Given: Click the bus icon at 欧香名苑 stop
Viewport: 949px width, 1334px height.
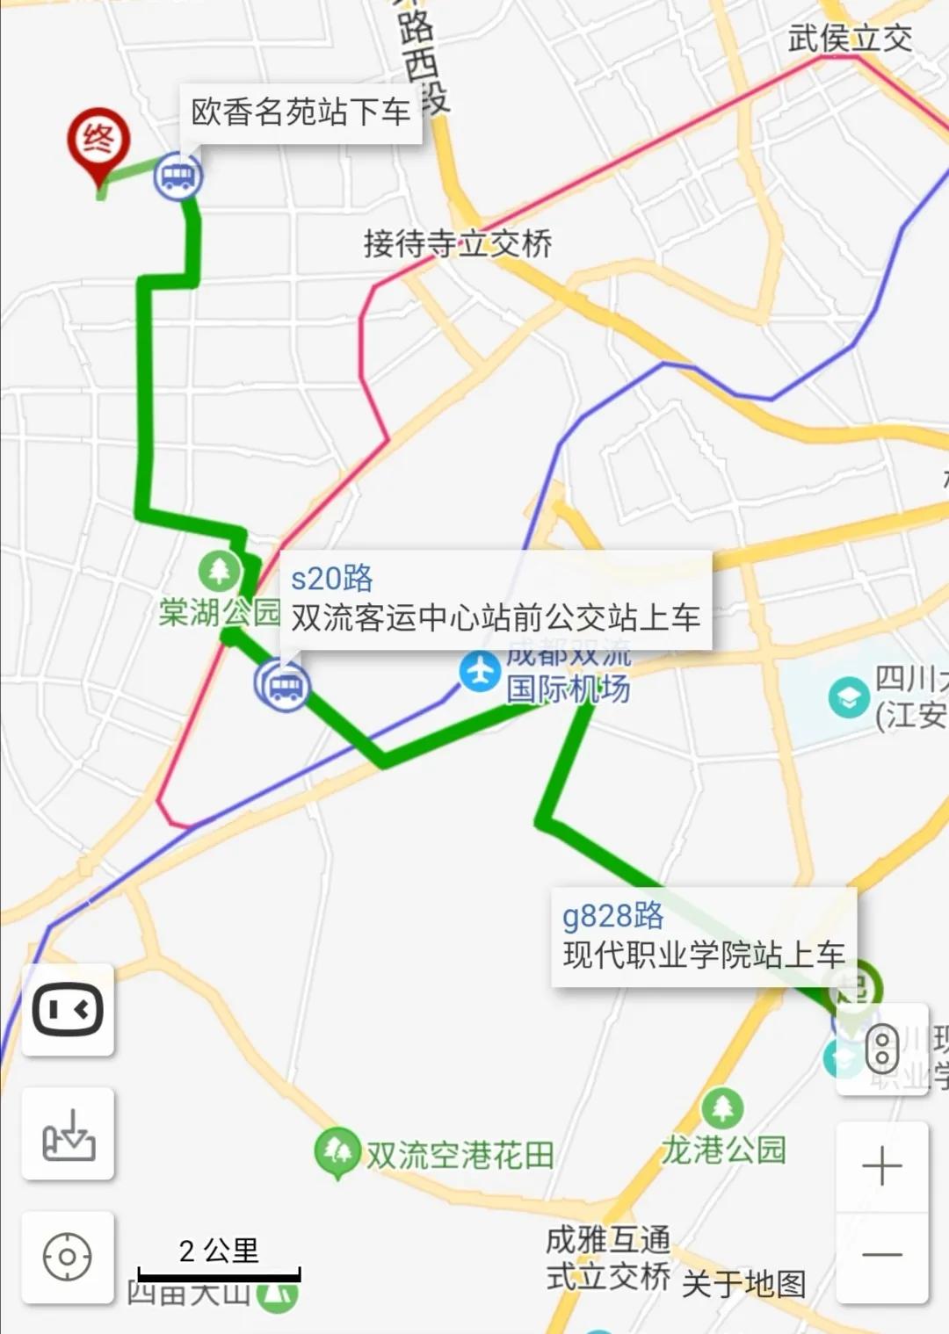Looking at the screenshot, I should pos(178,177).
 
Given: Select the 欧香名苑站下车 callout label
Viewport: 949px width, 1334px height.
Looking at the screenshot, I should pos(301,112).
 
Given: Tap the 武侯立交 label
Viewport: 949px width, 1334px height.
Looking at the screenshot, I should pos(849,39).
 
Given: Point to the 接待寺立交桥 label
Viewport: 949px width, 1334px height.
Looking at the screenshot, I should pos(458,243).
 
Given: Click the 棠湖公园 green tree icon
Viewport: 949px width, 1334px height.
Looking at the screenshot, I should pos(219,572).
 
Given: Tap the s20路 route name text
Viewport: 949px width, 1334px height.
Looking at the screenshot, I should pos(332,579).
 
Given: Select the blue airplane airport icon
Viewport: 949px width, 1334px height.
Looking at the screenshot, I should pos(480,673).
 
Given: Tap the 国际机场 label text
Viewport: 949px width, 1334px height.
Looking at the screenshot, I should pos(568,689).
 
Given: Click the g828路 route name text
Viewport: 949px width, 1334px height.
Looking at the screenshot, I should pos(612,916).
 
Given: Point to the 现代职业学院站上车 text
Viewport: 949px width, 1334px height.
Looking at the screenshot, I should pos(704,955).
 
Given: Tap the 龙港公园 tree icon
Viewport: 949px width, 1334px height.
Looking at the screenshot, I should pos(722,1108).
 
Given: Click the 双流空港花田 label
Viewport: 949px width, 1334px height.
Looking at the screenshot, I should pos(460,1155).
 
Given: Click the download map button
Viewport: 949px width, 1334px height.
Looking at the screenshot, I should pos(68,1134).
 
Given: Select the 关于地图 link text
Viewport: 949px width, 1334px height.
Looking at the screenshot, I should pos(743,1284).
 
